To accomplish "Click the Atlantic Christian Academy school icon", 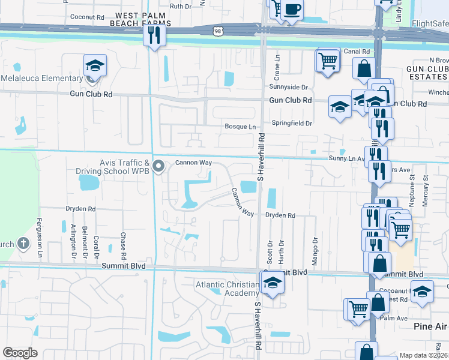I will tap(272, 282).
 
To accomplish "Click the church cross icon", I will tap(23, 244).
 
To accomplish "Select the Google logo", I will tap(20, 353).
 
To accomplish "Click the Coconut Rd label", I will tap(87, 17).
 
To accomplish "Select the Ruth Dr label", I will tap(180, 6).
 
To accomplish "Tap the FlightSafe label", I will tap(429, 25).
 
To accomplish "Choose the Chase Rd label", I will tap(122, 244).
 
